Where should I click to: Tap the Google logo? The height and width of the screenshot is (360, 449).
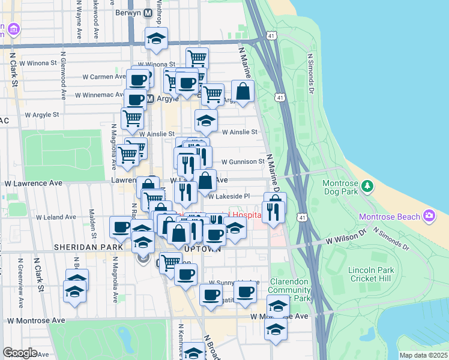[x=20, y=353]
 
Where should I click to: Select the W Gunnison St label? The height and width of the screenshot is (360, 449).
[x=243, y=161]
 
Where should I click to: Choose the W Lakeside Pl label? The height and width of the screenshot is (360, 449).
[x=229, y=196]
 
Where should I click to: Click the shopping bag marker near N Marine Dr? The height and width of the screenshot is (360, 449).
[x=243, y=92]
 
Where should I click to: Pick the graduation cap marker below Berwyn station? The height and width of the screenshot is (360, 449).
[x=156, y=40]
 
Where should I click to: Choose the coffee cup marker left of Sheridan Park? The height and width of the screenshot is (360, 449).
[x=121, y=227]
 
